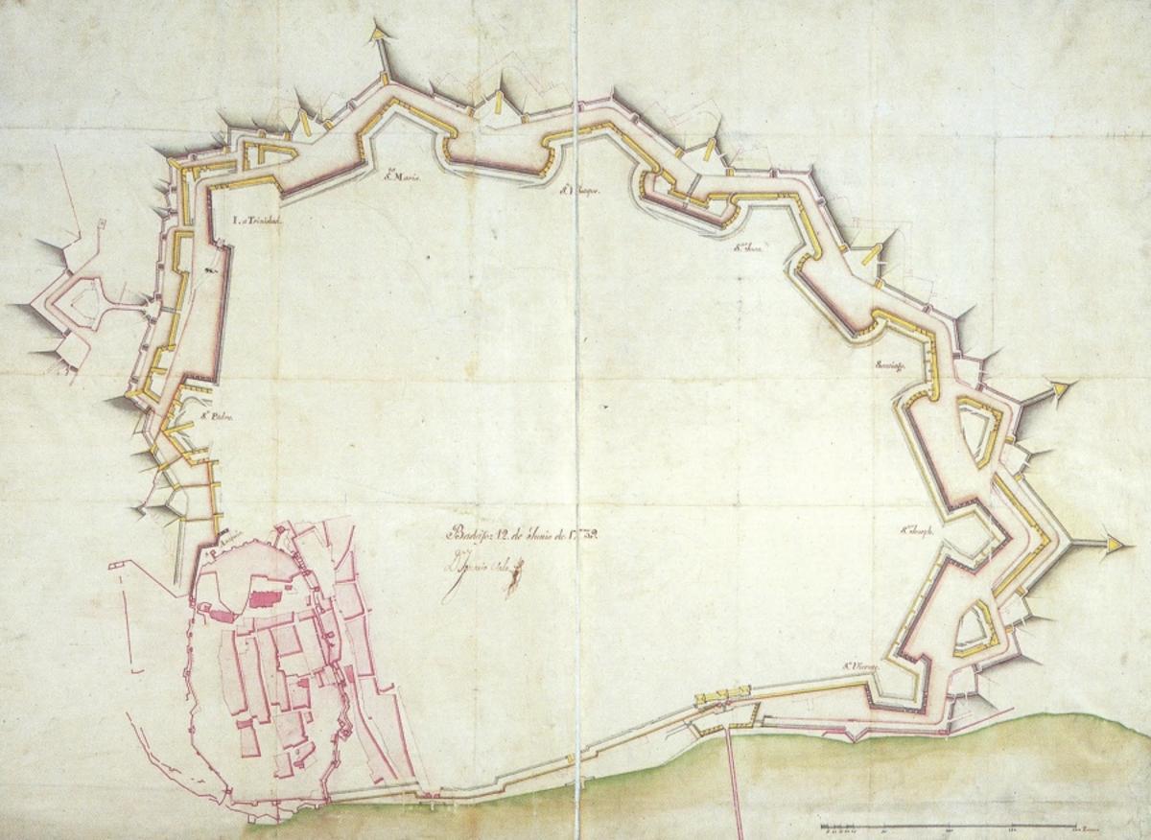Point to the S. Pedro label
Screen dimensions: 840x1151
[218, 417]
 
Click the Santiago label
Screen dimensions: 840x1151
[890, 364]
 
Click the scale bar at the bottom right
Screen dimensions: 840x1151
[950, 827]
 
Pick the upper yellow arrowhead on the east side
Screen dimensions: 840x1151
[1061, 388]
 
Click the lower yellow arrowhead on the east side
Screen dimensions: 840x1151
[1114, 544]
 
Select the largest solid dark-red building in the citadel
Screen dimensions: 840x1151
[264, 598]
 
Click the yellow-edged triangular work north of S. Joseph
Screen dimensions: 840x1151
[976, 433]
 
